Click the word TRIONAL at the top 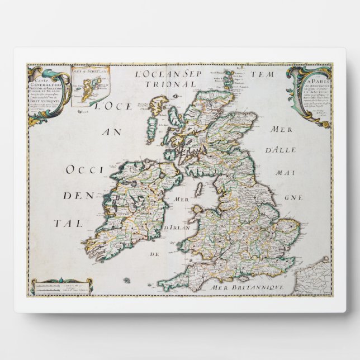click(x=178, y=84)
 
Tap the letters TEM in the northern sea click(x=276, y=73)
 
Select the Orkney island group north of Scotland click(x=230, y=78)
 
